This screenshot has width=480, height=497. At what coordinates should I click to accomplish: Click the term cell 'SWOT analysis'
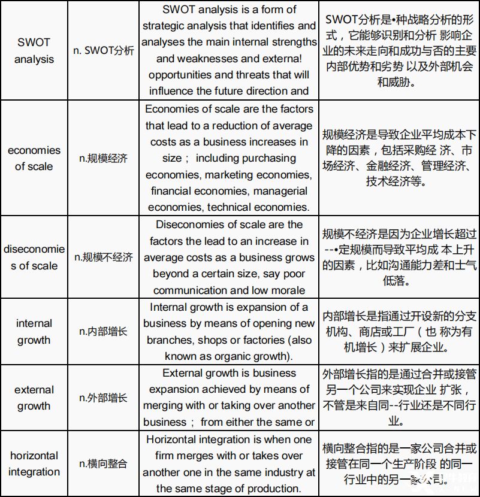34,51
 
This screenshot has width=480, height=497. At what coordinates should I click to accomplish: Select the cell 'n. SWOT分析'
104,51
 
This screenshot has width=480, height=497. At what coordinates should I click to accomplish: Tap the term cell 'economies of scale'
34,158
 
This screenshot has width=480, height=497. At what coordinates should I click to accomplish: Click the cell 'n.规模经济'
104,159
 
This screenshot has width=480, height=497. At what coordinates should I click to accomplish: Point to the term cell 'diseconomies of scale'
34,257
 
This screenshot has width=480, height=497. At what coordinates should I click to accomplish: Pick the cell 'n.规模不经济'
104,257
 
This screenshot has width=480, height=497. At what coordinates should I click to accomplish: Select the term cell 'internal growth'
34,332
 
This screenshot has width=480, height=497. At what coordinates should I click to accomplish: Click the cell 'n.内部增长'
104,332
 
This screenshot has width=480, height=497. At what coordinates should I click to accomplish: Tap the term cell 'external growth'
34,398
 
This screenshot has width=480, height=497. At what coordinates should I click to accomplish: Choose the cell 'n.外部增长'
104,398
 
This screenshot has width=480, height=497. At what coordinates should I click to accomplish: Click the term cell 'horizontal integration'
34,463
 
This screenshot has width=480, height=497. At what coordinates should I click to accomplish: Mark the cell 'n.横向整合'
104,463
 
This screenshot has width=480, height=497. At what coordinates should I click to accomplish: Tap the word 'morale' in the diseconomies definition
288,290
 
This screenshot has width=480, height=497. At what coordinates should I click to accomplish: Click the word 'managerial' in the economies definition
280,192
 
